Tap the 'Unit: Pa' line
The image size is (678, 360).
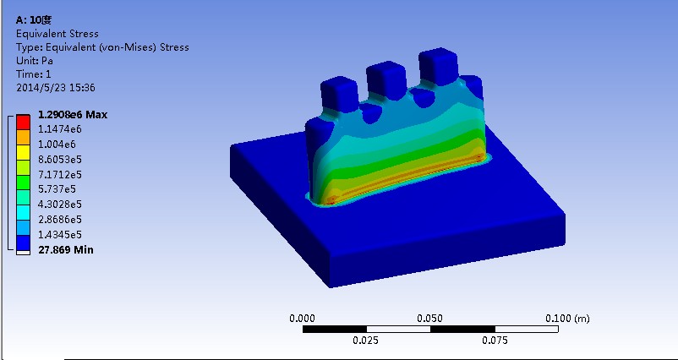(x=35, y=61)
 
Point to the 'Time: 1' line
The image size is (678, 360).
(x=34, y=74)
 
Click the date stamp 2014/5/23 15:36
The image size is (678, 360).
(x=55, y=87)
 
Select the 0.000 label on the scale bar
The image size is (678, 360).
(x=302, y=319)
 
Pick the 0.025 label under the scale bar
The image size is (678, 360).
(x=366, y=341)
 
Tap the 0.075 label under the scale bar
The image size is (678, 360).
(x=495, y=341)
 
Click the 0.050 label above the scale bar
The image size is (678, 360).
(x=430, y=319)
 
